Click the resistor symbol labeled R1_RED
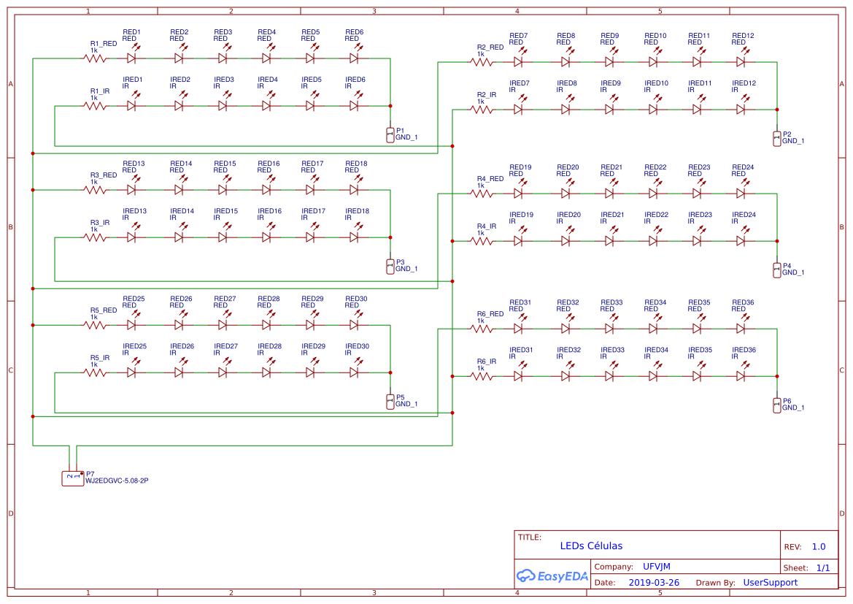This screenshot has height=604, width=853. click(95, 58)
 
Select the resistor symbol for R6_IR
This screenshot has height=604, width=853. click(482, 376)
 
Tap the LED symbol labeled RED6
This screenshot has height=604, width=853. click(354, 58)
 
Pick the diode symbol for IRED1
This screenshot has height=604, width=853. click(131, 106)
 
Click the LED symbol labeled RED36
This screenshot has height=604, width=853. click(741, 329)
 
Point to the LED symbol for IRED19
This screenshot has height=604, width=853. click(519, 241)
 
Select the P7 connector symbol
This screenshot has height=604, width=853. click(73, 478)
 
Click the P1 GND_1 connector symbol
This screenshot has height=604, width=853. click(390, 134)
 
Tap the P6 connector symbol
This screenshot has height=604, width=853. click(776, 405)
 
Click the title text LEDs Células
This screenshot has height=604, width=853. click(591, 546)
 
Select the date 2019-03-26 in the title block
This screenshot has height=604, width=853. click(654, 583)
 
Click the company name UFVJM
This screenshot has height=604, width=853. click(656, 567)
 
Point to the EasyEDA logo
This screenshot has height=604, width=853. click(552, 576)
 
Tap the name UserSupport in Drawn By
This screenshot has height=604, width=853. click(770, 583)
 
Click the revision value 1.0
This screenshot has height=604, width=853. click(818, 546)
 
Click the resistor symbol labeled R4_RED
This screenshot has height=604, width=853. click(482, 194)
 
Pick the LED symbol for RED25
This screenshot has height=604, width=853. click(131, 325)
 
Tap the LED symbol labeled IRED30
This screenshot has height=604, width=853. click(354, 372)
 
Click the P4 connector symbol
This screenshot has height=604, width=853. click(776, 269)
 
